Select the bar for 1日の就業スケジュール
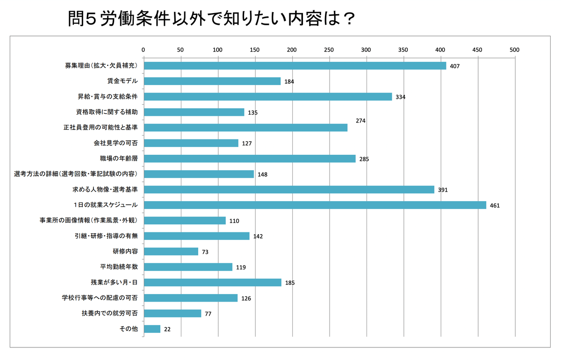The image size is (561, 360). pyautogui.click(x=315, y=205)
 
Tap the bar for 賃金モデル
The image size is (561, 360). pyautogui.click(x=212, y=81)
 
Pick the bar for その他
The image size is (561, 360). pyautogui.click(x=152, y=329)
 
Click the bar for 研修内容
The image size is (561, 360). pyautogui.click(x=171, y=252)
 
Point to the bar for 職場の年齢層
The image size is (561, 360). pyautogui.click(x=249, y=158)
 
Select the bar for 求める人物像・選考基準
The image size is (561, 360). pyautogui.click(x=288, y=189)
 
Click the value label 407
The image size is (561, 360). pyautogui.click(x=455, y=66)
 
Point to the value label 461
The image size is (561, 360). pyautogui.click(x=495, y=205)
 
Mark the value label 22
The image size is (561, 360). pyautogui.click(x=167, y=329)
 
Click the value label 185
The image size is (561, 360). pyautogui.click(x=290, y=283)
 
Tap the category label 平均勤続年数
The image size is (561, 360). pyautogui.click(x=119, y=267)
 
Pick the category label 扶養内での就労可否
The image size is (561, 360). pyautogui.click(x=110, y=313)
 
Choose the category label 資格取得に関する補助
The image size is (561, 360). pyautogui.click(x=107, y=112)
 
